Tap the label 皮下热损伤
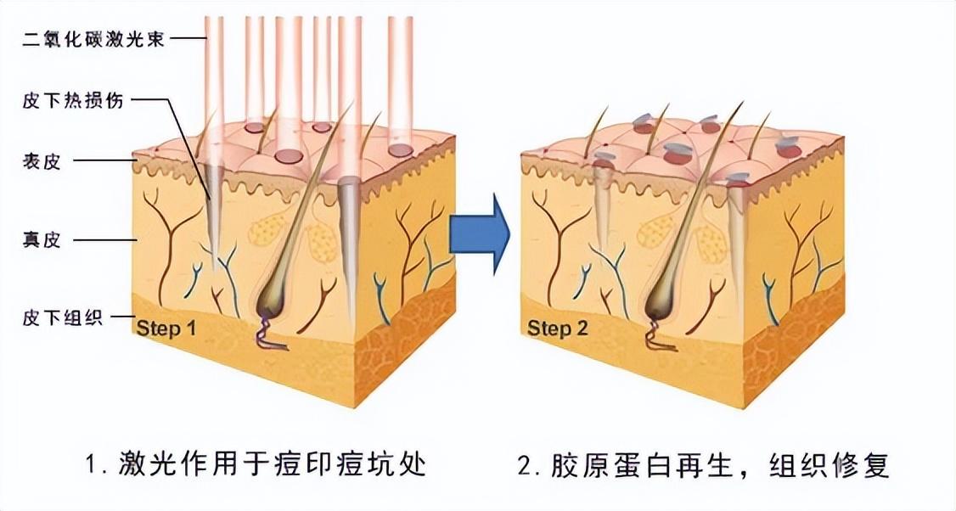pos(73,101)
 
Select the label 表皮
pos(42,161)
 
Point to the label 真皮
pos(42,241)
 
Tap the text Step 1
pos(166,328)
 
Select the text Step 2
pos(557,328)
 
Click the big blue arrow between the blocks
pos(480,233)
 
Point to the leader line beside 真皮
pos(105,241)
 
